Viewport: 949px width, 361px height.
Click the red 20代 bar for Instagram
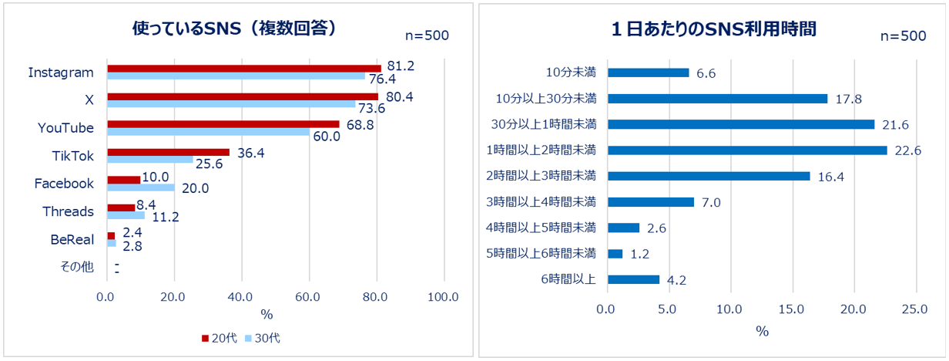coord(243,69)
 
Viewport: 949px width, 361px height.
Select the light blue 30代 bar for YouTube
coord(208,132)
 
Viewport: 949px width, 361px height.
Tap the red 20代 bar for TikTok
coord(168,152)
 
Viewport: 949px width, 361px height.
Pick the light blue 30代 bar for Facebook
coord(141,187)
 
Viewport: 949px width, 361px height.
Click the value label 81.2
coord(401,66)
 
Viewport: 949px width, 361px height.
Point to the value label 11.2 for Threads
coord(165,217)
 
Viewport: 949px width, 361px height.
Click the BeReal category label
coord(72,239)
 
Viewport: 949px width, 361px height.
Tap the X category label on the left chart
coord(89,100)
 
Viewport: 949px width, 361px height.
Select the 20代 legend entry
coord(219,339)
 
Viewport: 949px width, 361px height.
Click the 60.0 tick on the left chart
coord(309,296)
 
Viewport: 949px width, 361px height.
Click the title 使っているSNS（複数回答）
coord(235,29)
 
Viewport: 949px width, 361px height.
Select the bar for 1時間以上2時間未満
coord(747,150)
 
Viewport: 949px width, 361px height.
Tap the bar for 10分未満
coord(649,73)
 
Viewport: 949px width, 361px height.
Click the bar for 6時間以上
coord(633,279)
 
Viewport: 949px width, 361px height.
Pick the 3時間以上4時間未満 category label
coord(542,202)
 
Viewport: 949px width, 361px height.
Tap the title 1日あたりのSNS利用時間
coord(713,29)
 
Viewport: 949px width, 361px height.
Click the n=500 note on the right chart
coord(903,36)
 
